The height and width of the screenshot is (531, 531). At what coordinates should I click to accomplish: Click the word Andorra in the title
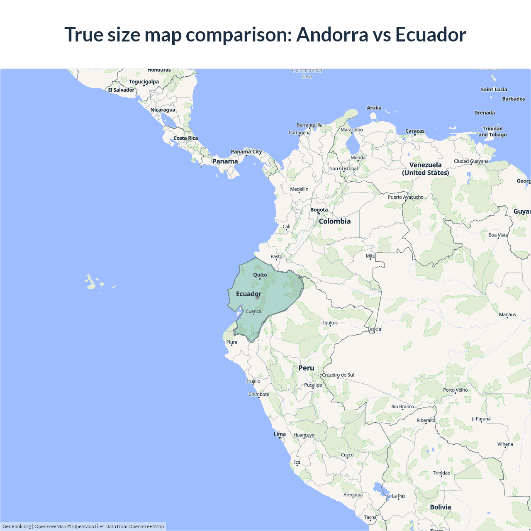pos(332,34)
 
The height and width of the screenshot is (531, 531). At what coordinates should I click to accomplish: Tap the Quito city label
pos(260,275)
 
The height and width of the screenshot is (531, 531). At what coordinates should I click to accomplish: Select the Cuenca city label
pos(253,311)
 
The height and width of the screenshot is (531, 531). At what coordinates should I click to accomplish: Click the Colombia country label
pos(335,221)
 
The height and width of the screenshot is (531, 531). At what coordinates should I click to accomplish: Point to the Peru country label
pos(306,368)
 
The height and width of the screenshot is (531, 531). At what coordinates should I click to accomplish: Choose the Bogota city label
pos(319,209)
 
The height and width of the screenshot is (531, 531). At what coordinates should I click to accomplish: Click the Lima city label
pos(280,434)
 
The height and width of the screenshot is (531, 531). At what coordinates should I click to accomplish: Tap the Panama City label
pos(246,151)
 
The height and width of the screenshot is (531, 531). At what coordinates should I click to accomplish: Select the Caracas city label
pos(415,131)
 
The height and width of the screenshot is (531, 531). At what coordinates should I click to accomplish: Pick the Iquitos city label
pos(330,322)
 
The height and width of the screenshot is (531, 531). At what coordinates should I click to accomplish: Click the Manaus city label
pos(507,314)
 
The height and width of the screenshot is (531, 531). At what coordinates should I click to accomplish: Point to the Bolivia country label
pos(441,507)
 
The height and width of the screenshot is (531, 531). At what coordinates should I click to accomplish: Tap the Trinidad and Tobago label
pos(492,132)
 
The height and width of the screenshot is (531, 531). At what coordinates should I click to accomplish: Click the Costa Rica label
pos(185,138)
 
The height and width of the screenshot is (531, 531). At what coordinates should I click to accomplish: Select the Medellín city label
pos(299,189)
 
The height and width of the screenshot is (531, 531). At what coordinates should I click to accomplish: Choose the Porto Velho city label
pos(455,390)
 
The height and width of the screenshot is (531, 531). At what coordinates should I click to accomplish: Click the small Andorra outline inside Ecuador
pos(258,297)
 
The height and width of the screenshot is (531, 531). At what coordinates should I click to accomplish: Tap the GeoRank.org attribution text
pos(17,526)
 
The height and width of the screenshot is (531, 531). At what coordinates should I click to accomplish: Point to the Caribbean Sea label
pos(307,73)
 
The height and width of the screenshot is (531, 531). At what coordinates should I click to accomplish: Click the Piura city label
pos(232,342)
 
